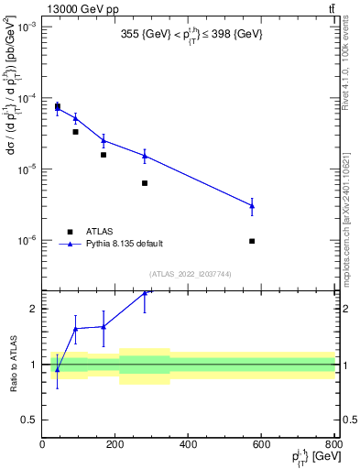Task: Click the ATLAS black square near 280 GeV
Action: (145, 183)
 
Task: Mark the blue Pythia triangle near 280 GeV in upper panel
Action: (145, 156)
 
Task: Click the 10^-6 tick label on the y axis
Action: (27, 240)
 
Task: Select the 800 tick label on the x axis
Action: (333, 444)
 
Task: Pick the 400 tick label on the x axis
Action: (188, 444)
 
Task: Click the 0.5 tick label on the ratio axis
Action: (31, 420)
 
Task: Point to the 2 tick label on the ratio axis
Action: (35, 309)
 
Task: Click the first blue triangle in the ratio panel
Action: (57, 369)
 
